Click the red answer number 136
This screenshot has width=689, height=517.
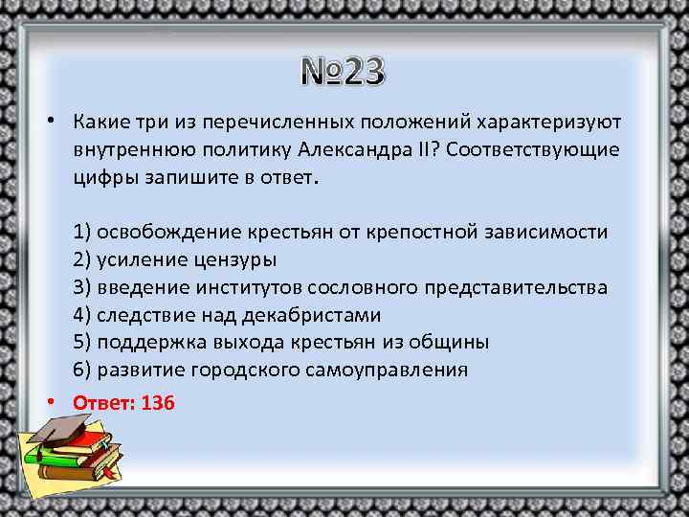[158, 403]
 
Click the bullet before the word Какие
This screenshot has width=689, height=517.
[48, 123]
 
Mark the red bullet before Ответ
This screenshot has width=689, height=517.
[48, 403]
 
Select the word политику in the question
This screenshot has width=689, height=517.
[248, 150]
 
